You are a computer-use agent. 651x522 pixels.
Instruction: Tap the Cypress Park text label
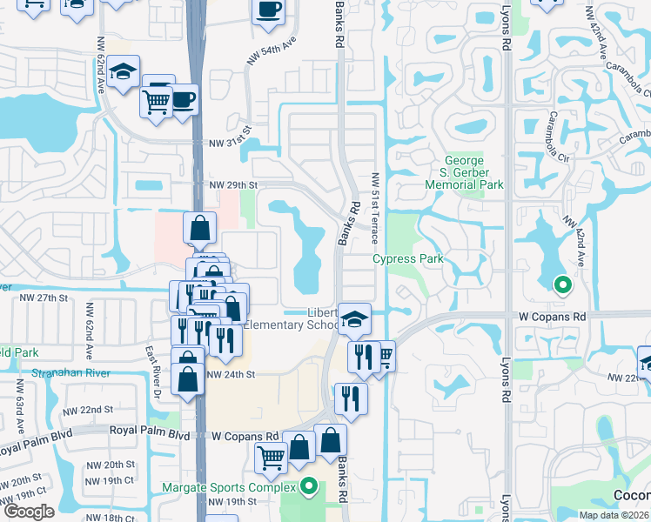(408, 258)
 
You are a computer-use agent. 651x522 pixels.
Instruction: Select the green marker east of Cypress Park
(563, 284)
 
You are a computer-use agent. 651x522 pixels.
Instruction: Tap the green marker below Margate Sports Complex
(307, 487)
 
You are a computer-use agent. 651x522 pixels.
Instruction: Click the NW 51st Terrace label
(375, 199)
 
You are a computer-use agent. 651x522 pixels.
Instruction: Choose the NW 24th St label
(230, 374)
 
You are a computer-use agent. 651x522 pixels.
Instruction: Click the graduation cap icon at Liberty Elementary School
(354, 318)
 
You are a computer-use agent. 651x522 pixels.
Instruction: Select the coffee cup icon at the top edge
(268, 10)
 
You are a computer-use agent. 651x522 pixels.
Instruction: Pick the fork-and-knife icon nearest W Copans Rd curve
(351, 398)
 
